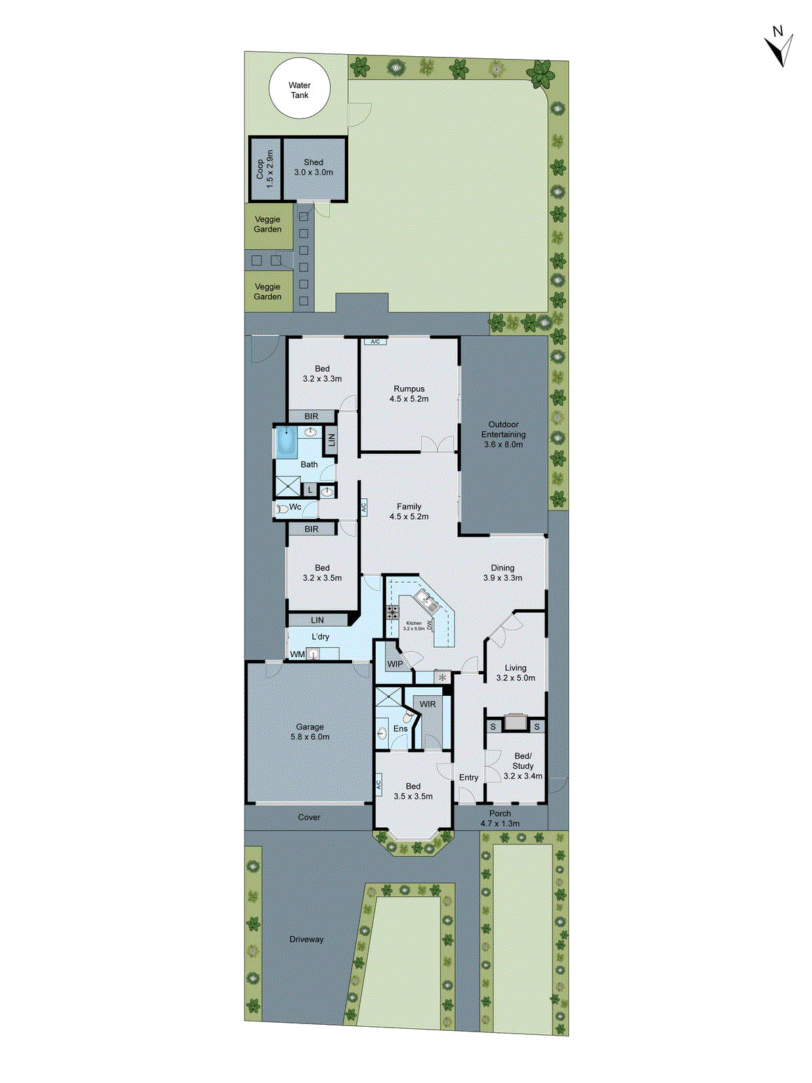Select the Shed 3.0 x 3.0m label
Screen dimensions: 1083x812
314,167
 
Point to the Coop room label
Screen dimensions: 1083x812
265,169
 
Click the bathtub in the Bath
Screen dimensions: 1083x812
286,442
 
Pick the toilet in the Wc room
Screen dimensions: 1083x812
282,508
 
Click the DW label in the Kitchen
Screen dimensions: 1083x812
429,625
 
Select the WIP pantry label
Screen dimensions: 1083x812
395,664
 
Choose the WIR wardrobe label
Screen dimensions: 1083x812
427,704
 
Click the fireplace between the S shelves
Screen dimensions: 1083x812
516,724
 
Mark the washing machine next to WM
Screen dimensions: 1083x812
313,654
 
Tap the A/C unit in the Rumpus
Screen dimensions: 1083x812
375,342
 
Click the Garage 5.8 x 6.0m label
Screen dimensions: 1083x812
310,732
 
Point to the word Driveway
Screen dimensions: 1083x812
306,939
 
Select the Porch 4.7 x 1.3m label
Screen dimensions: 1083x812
500,818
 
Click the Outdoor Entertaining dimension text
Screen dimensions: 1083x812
503,445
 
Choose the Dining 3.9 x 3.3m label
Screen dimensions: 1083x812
503,573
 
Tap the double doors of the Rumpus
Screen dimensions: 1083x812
437,444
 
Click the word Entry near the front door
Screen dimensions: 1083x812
469,778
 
